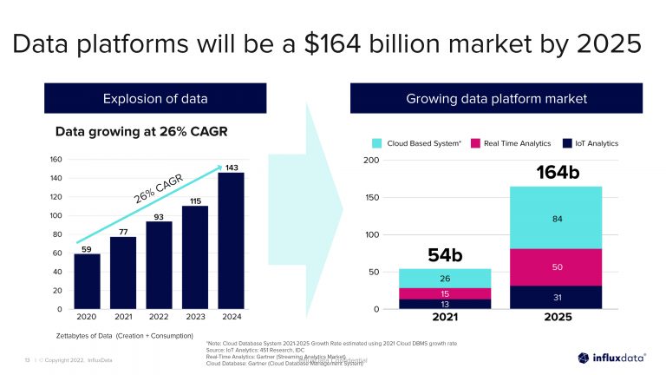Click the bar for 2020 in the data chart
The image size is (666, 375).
coord(87,281)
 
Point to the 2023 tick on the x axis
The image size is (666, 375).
coord(195,318)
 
